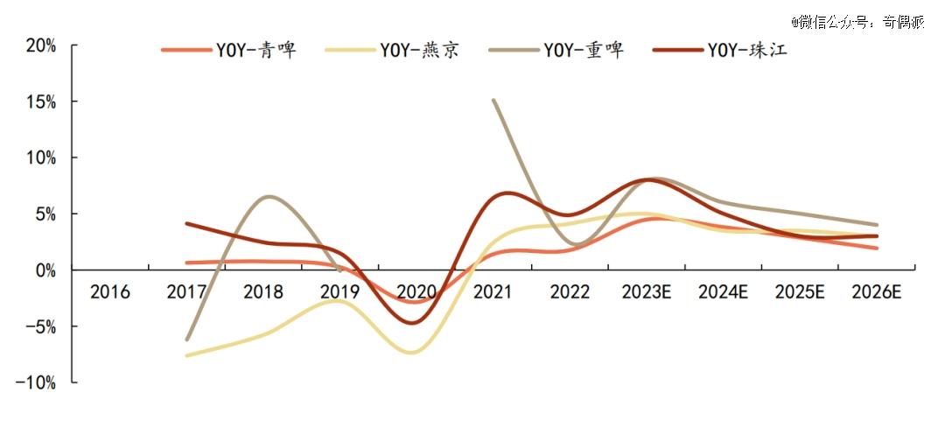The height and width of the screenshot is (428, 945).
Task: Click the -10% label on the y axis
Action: click(36, 382)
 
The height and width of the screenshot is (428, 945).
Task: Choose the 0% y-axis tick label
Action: click(45, 270)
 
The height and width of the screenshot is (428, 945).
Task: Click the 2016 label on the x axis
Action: click(110, 292)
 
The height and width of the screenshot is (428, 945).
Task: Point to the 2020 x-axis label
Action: click(417, 292)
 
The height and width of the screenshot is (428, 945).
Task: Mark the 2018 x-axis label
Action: click(264, 292)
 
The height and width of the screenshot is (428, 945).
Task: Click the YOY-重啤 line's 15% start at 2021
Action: click(494, 101)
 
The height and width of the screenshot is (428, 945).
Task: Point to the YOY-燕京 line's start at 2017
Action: click(187, 355)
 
